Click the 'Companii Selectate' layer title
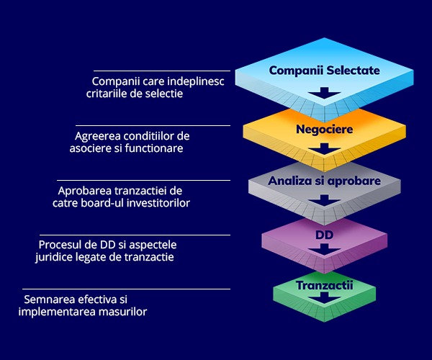323,71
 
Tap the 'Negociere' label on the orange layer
323,130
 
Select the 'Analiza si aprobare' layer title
324,181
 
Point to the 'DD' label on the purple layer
324,235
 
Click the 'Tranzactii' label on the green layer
325,286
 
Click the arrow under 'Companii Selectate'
324,93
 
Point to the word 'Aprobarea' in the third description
83,190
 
